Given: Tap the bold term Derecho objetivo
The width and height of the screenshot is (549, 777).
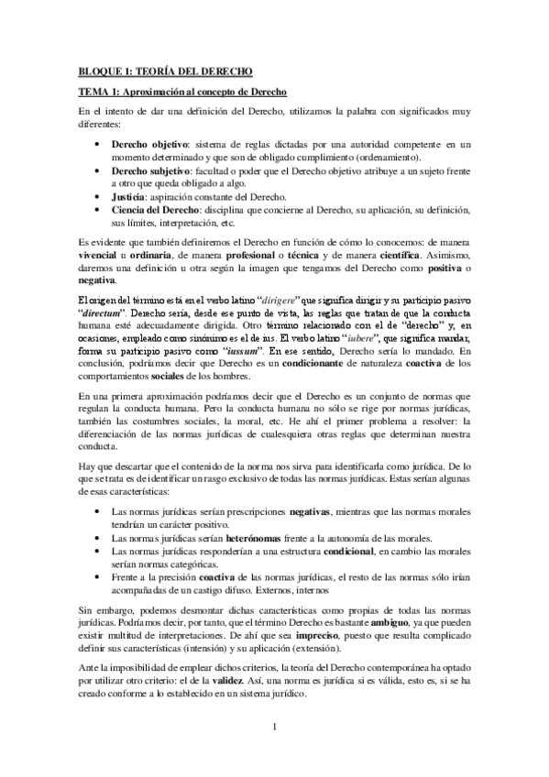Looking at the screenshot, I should pos(149,145).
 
